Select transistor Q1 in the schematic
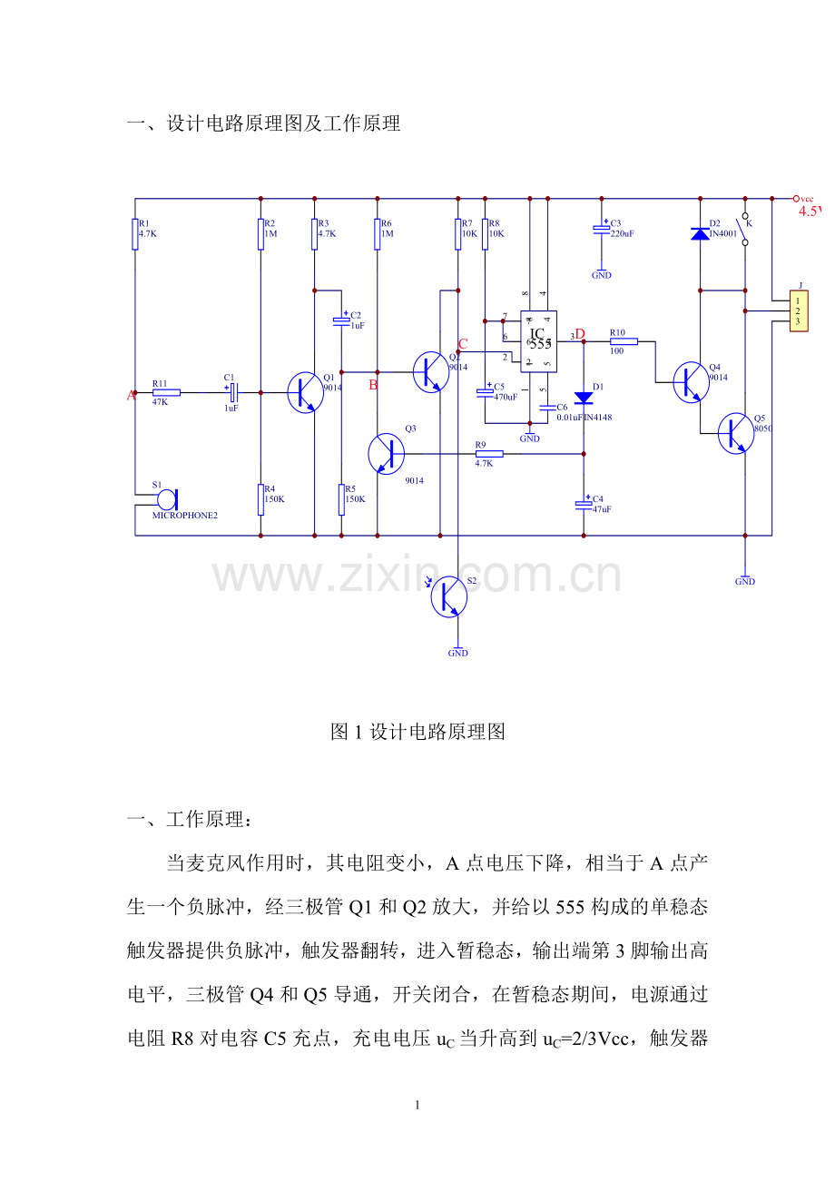click(304, 392)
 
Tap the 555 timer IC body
click(538, 341)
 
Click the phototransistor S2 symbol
click(448, 596)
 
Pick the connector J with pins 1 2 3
click(799, 311)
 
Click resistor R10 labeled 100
click(624, 341)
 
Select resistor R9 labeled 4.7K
click(489, 454)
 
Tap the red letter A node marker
click(131, 395)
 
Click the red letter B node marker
click(372, 385)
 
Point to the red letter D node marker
click(580, 334)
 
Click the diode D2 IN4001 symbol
click(700, 233)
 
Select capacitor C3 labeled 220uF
click(601, 231)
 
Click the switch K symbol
click(745, 230)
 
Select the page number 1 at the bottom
click(417, 1106)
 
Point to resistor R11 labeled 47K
click(166, 392)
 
